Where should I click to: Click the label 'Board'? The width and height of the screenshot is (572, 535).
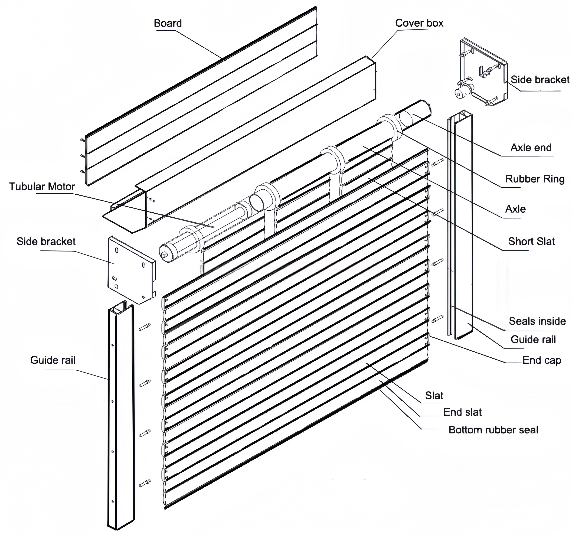168,23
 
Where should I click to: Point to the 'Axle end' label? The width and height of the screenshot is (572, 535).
531,148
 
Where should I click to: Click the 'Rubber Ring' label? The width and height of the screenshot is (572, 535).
535,179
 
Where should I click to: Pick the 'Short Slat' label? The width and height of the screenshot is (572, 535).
531,242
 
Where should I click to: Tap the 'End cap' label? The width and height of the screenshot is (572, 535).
541,360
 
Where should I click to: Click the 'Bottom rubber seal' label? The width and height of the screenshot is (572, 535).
493,430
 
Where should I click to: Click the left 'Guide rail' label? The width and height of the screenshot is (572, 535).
53,360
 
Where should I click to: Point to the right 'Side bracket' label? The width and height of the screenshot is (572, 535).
540,80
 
